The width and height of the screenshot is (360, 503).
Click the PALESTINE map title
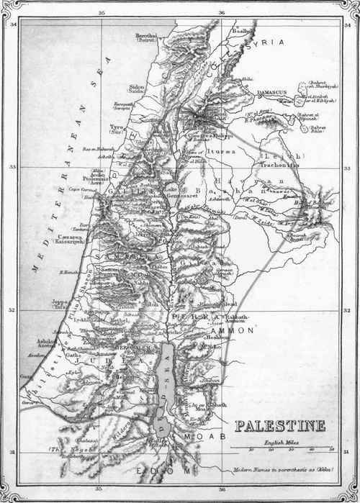(x=279, y=425)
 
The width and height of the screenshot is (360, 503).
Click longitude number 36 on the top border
(x=220, y=13)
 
